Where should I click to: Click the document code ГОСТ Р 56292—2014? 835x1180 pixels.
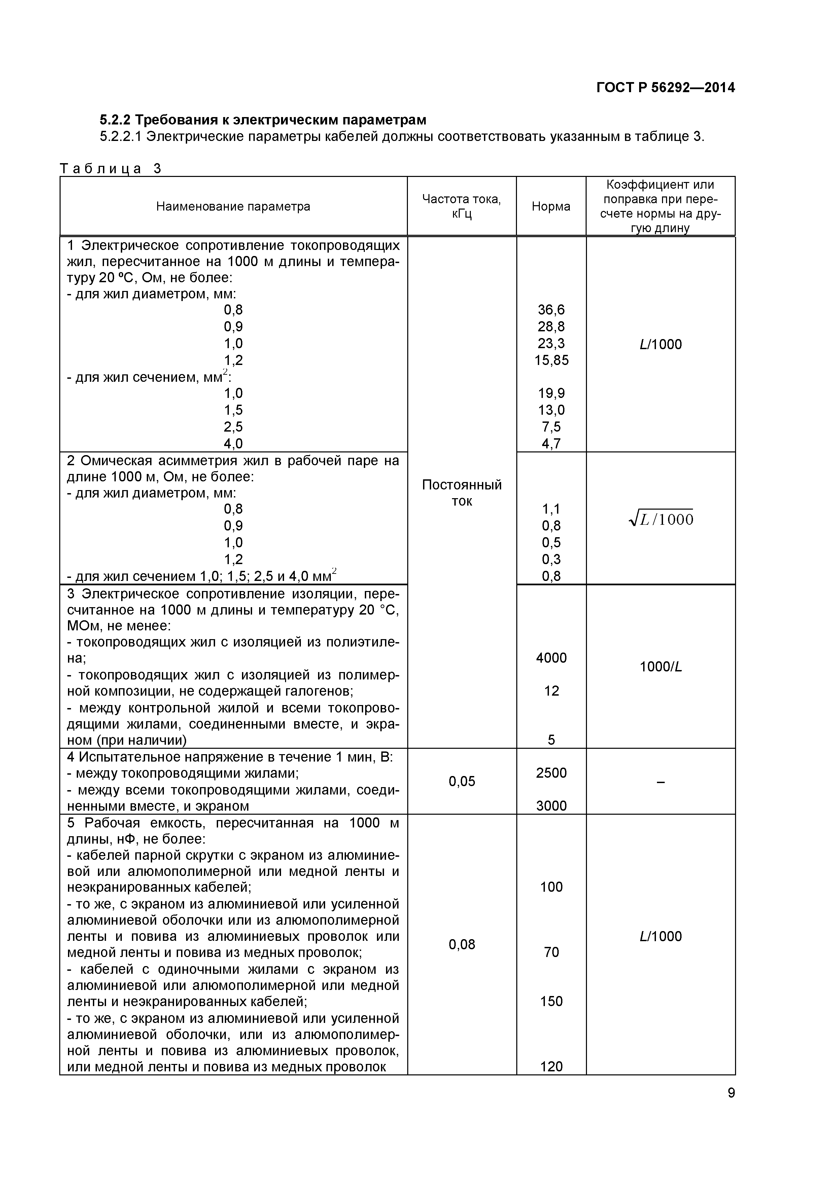pos(665,88)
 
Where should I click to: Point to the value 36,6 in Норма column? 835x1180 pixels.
pos(551,310)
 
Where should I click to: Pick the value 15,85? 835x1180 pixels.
pos(551,360)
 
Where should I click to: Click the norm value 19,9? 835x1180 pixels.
pos(551,394)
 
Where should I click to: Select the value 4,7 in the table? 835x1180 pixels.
pos(551,444)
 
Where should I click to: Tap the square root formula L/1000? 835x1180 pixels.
pos(661,519)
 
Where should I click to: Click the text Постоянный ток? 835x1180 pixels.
pos(462,493)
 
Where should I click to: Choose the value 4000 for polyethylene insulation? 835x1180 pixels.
pos(551,658)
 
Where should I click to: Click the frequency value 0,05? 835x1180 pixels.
pos(462,782)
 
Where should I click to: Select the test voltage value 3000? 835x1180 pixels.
pos(551,806)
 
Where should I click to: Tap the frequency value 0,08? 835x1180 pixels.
pos(462,945)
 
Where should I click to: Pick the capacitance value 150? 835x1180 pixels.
pos(551,1001)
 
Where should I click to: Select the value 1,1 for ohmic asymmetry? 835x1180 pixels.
pos(551,509)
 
